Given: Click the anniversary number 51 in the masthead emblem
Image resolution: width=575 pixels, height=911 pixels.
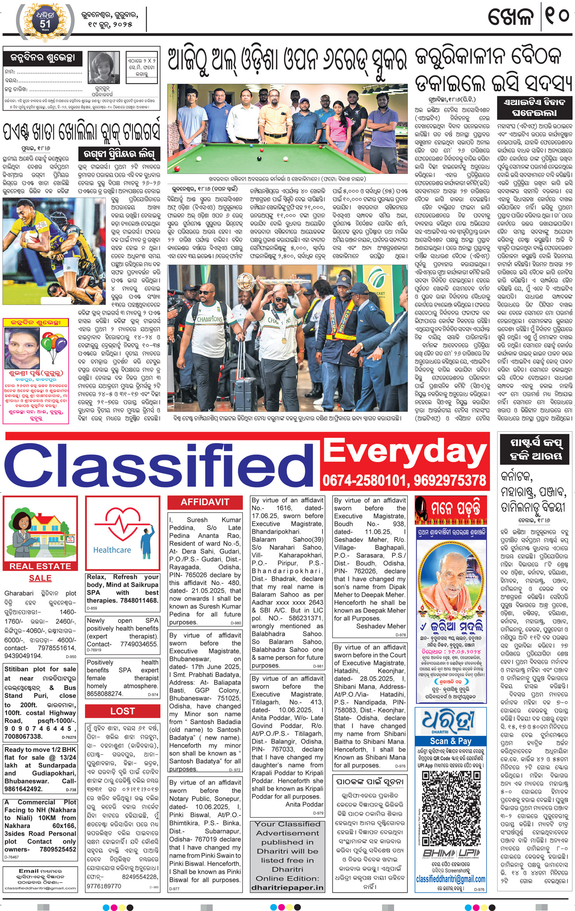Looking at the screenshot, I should point(45,24).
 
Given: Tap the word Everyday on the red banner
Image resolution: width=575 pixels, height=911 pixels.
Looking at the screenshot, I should point(405,451).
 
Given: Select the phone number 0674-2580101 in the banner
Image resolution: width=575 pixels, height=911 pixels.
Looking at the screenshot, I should point(364,480).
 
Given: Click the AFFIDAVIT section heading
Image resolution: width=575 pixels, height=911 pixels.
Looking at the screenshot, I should point(205,502).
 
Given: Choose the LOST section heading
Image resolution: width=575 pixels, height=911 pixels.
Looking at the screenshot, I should point(122,711).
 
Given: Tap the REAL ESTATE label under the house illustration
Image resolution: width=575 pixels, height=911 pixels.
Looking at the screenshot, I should point(40,566).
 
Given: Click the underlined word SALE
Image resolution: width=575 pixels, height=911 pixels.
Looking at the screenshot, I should point(40,578).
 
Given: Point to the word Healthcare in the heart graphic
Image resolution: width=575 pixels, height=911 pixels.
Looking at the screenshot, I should point(112,550).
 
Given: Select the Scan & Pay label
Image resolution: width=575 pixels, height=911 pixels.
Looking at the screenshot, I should point(450,741).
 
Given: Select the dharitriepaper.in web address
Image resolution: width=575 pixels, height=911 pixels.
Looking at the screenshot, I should point(287,888).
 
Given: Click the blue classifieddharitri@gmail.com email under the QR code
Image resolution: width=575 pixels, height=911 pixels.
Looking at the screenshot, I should point(450,879).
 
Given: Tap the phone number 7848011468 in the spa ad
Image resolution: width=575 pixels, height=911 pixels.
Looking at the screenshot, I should point(139,600).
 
